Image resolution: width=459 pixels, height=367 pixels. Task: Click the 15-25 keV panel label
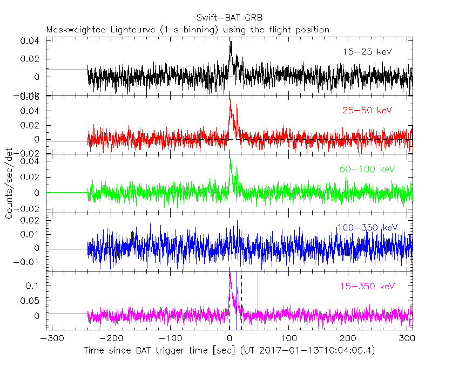tap(367, 52)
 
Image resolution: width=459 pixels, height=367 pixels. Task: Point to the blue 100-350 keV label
tap(367, 227)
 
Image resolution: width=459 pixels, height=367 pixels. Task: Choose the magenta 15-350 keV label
tap(367, 286)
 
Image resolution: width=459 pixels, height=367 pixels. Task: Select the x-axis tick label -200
tap(111, 338)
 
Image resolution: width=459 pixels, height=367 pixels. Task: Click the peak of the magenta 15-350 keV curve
tap(230, 273)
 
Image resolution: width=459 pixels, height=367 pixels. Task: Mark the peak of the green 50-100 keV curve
tap(231, 159)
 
